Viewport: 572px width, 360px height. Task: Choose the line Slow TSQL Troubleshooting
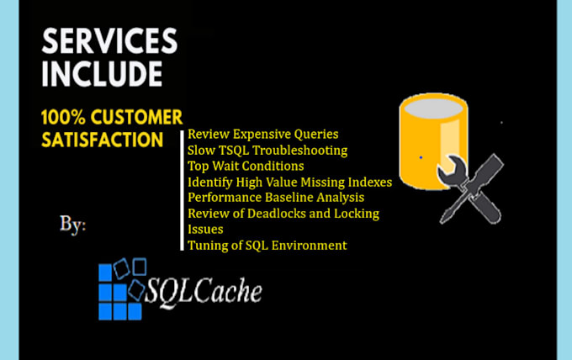pos(267,151)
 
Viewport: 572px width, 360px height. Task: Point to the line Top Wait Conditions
pos(246,167)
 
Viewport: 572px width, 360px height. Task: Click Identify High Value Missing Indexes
pos(290,182)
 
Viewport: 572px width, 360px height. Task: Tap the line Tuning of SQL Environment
pos(267,246)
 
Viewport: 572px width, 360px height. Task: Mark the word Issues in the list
pos(205,229)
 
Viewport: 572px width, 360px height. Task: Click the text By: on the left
pos(73,225)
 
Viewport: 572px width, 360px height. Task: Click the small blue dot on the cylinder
pos(421,157)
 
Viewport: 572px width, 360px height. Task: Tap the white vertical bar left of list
pos(183,190)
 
